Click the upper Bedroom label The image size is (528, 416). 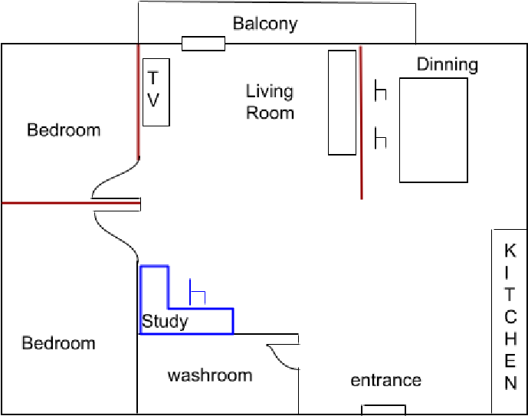point(64,129)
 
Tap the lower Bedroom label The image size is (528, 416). point(59,342)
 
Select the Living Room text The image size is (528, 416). point(270,102)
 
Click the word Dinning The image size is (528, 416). point(448,64)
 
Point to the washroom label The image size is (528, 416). point(210,375)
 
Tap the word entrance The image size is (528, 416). point(385,380)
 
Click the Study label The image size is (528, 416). point(165,321)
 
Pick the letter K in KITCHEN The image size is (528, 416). point(510,251)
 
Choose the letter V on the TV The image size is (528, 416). point(153,100)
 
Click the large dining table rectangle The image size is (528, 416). point(433,130)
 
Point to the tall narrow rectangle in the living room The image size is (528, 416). point(343,102)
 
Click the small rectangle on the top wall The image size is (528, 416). point(203,44)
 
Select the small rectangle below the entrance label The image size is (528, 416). point(384,409)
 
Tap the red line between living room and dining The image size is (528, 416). point(360,123)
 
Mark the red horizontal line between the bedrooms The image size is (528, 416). point(46,203)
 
